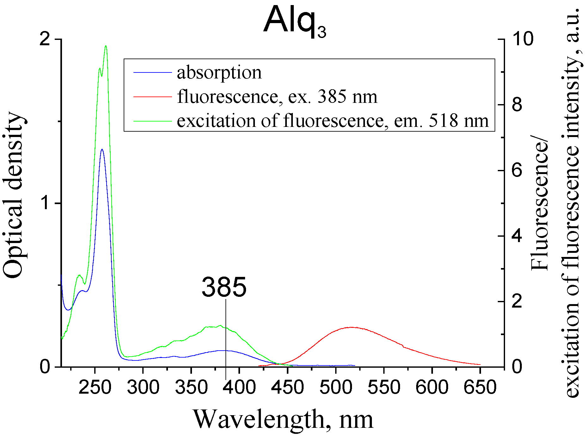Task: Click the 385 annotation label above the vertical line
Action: click(x=224, y=287)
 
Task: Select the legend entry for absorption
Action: click(x=219, y=72)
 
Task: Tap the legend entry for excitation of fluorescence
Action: click(x=333, y=121)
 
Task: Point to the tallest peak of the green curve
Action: click(x=106, y=46)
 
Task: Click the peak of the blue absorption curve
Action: click(x=102, y=149)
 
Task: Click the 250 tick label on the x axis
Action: click(x=95, y=388)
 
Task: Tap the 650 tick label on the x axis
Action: click(x=480, y=388)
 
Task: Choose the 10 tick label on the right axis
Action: click(x=522, y=39)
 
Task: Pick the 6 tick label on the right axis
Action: click(x=517, y=170)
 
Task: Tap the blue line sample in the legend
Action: click(x=152, y=72)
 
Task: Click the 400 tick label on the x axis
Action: click(x=239, y=388)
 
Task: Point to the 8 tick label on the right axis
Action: click(x=517, y=105)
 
